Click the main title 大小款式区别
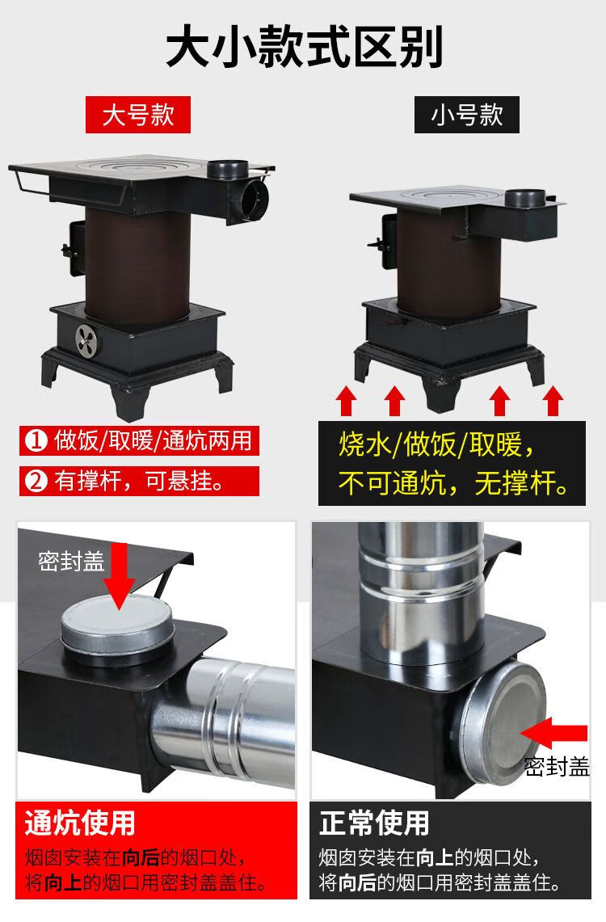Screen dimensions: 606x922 (304, 46)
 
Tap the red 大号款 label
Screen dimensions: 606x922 (138, 115)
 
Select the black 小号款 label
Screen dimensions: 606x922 (467, 115)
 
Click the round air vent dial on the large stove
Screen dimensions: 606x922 (86, 340)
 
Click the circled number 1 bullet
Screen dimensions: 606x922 (36, 440)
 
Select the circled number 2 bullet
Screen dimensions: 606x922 (36, 481)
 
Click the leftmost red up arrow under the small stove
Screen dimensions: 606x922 (346, 401)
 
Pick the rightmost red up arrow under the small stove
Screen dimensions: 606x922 (553, 401)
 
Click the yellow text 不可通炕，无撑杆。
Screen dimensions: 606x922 (452, 484)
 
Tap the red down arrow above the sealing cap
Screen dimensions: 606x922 (120, 575)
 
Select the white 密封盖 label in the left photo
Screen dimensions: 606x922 (71, 561)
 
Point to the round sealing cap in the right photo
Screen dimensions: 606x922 (502, 723)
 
